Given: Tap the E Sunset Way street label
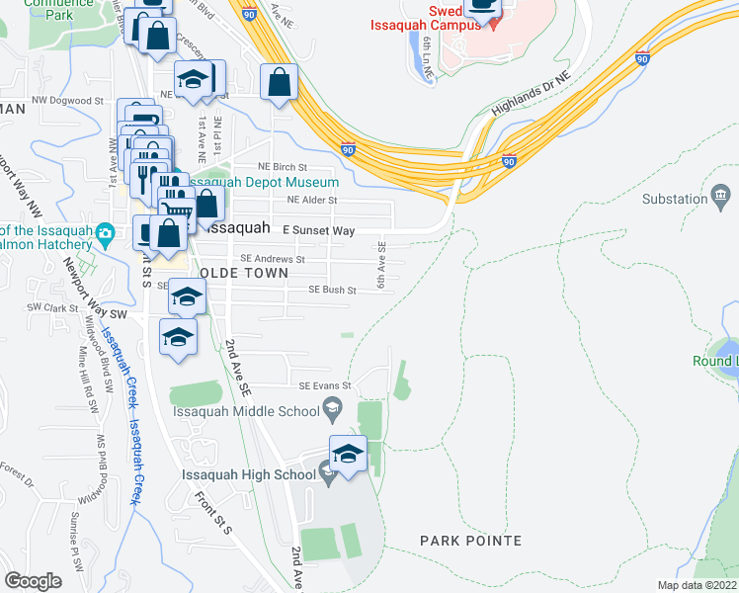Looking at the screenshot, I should pos(318,229).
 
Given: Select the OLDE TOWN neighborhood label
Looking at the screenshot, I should pos(244,272).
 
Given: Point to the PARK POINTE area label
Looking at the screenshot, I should pos(470,541).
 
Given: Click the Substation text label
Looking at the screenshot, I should pos(675,199).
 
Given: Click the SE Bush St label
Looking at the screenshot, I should pos(331,291).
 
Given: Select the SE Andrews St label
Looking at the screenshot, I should pos(273,259).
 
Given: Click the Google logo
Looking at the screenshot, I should pos(34,580).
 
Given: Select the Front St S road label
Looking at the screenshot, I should pos(212,513).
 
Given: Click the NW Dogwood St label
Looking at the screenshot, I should pos(67,101).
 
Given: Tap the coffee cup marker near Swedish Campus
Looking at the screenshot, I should pos(483,9).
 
